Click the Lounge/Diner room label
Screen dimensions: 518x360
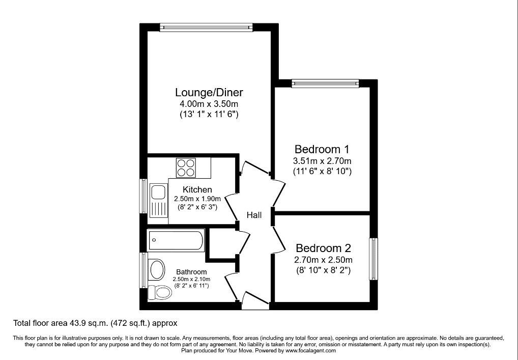[209, 92]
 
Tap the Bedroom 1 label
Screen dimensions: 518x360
[322, 149]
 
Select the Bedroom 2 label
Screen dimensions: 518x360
[323, 248]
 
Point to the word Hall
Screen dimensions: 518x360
[254, 215]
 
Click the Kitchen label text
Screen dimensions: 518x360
[197, 190]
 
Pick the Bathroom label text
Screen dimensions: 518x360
[191, 272]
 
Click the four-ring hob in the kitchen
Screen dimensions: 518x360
[186, 168]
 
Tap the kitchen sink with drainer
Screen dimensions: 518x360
[159, 201]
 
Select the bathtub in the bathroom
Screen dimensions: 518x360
[176, 240]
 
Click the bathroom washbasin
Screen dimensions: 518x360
[157, 269]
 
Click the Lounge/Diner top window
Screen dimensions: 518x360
[206, 27]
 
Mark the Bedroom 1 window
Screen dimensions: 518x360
[325, 84]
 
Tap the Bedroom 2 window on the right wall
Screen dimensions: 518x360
[373, 259]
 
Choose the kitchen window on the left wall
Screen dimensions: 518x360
[143, 196]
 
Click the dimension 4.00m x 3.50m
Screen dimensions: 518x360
[209, 104]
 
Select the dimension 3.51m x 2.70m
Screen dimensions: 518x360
[322, 161]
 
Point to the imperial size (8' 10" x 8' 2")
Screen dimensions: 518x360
[323, 270]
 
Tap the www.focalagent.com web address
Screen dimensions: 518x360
[310, 350]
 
